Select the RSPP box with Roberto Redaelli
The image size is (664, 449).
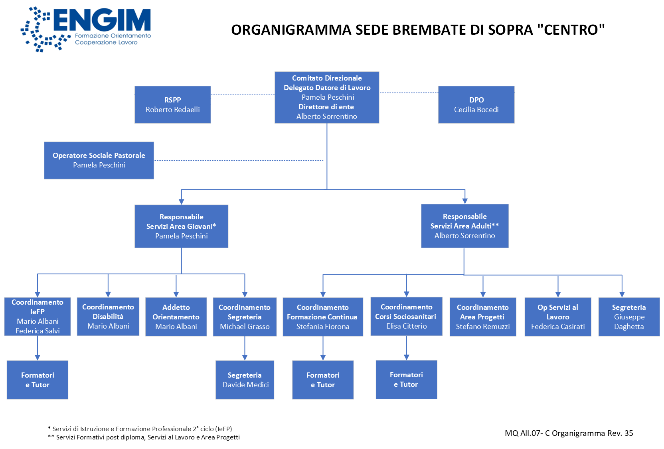pyautogui.click(x=172, y=104)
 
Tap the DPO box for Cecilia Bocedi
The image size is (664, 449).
pyautogui.click(x=476, y=104)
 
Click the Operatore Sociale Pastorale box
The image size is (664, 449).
pyautogui.click(x=99, y=160)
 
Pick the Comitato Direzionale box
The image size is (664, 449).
pyautogui.click(x=327, y=97)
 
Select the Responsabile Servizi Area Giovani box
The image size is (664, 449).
pyautogui.click(x=181, y=226)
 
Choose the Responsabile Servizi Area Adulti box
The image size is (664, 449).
pyautogui.click(x=464, y=226)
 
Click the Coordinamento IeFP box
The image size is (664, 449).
pyautogui.click(x=38, y=316)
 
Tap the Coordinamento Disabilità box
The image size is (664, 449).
pyautogui.click(x=108, y=317)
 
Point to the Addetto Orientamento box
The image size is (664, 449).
pyautogui.click(x=176, y=317)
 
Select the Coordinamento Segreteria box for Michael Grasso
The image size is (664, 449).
pyautogui.click(x=245, y=317)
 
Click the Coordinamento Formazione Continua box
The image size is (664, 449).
pyautogui.click(x=323, y=317)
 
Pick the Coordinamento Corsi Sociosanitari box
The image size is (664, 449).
pyautogui.click(x=406, y=316)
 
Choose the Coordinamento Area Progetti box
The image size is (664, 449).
pyautogui.click(x=483, y=317)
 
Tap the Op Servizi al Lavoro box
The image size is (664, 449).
pyautogui.click(x=558, y=317)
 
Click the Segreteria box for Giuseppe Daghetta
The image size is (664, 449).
pyautogui.click(x=629, y=317)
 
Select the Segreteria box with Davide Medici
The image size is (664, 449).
pyautogui.click(x=245, y=380)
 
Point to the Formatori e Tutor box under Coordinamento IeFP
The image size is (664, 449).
pyautogui.click(x=38, y=380)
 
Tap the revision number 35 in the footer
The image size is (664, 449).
pyautogui.click(x=628, y=433)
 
